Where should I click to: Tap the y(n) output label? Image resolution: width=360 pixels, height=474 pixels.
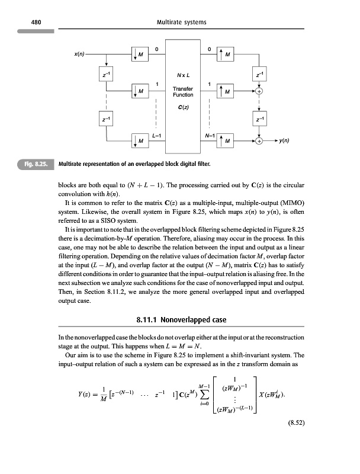point(288,142)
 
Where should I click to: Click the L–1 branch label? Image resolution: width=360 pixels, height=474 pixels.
point(157,134)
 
